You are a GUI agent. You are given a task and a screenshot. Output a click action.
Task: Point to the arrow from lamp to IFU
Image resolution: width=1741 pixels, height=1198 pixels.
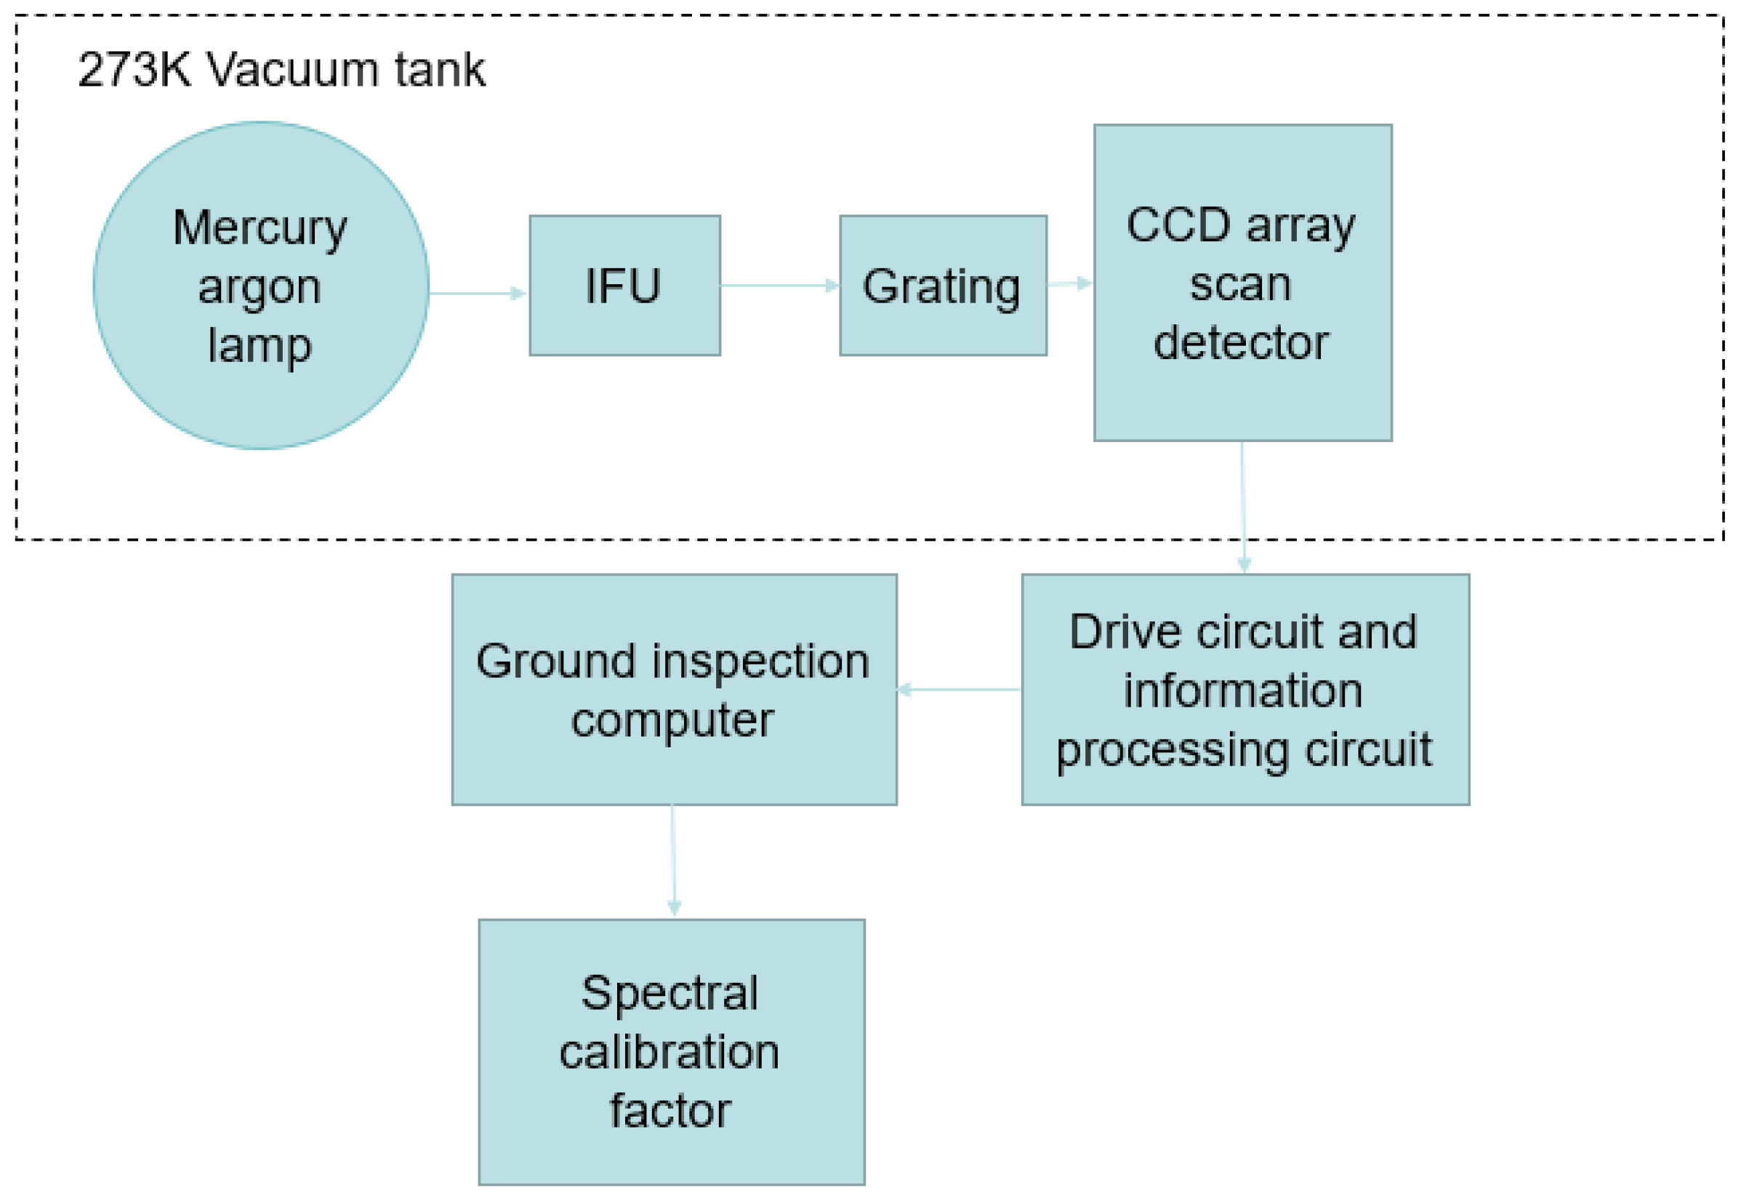coord(478,293)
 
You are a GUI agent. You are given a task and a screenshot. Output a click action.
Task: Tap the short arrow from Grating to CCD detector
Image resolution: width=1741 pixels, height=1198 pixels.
coord(1069,284)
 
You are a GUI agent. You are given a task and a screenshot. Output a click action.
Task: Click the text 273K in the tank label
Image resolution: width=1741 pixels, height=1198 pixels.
coord(134,70)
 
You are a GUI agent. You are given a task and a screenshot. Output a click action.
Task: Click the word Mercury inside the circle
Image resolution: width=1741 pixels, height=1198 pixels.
coord(260,228)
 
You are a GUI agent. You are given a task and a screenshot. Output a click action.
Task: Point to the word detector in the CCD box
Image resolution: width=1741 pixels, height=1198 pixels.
coord(1240,343)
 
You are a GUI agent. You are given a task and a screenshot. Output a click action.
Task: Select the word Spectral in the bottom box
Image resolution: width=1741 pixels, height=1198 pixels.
coord(670,993)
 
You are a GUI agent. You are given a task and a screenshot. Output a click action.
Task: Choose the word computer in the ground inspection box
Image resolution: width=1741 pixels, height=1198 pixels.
coord(672,720)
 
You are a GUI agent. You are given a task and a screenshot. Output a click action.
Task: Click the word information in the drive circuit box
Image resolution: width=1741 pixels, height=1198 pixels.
coord(1243,691)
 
